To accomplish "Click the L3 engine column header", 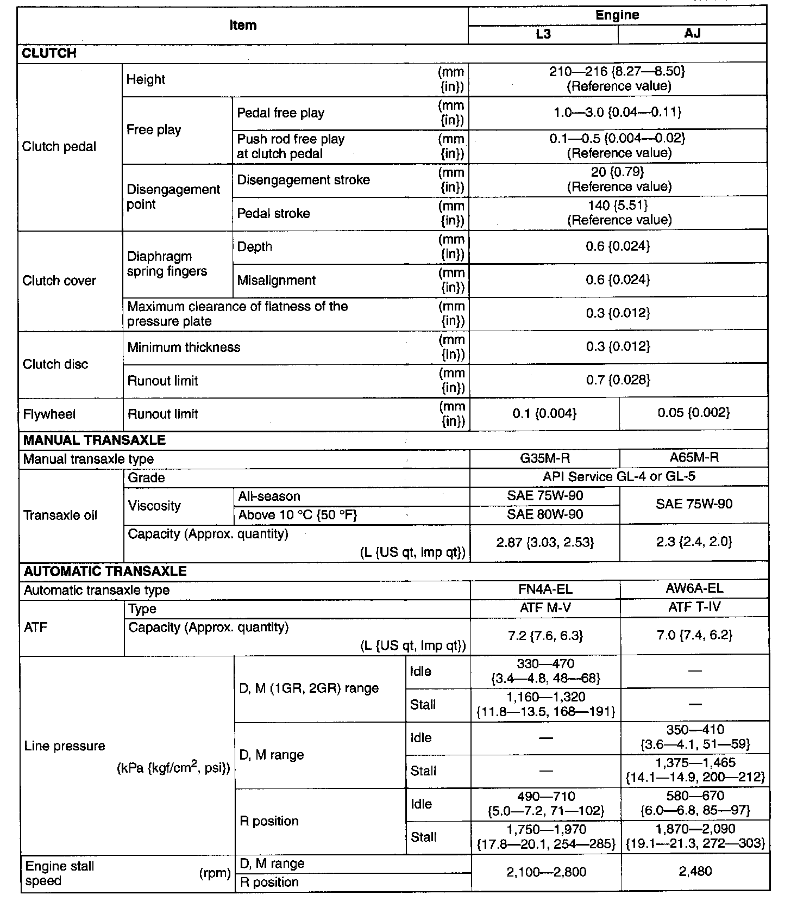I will (x=543, y=34).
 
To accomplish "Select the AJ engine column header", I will (x=692, y=34).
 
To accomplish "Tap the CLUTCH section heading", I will (x=49, y=53).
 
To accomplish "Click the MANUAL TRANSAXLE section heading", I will (x=95, y=440).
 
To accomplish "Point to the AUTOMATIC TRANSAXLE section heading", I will (x=105, y=571).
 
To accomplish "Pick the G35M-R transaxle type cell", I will (x=544, y=458).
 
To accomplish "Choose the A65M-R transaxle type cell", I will (x=694, y=458).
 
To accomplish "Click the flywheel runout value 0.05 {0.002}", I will (x=693, y=413).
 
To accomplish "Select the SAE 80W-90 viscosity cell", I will (x=544, y=514).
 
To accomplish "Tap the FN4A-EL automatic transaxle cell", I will (x=545, y=589).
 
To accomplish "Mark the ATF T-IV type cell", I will (x=694, y=607).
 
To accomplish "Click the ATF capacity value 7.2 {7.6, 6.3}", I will (x=545, y=636).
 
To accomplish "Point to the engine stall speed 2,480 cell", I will (x=695, y=872).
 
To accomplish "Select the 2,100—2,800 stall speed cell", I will (x=546, y=872).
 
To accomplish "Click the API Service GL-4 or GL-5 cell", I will (x=619, y=477).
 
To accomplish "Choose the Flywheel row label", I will (x=49, y=414).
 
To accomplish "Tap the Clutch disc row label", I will (x=55, y=364).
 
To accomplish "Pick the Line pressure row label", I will (x=65, y=746).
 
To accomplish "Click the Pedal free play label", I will (x=280, y=113).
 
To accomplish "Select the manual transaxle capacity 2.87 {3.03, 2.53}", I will (x=545, y=542).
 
